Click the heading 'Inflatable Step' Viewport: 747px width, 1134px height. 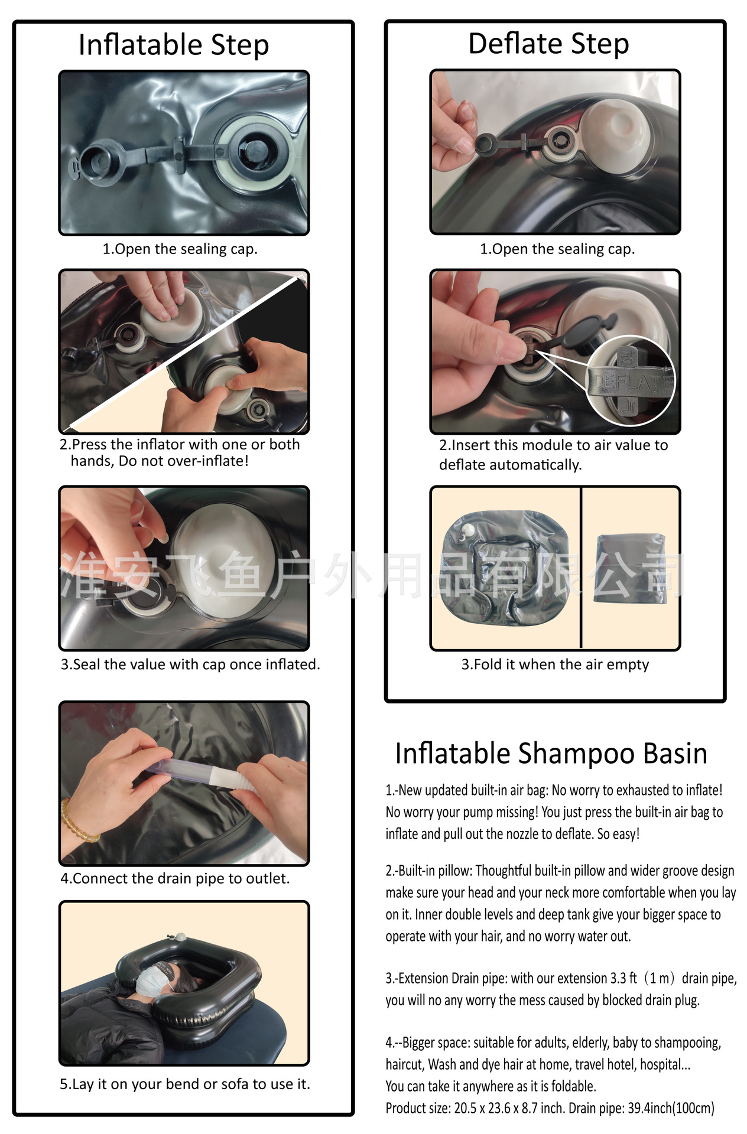click(x=174, y=45)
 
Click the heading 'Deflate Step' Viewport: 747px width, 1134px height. click(x=548, y=44)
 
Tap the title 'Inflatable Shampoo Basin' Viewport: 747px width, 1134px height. click(x=551, y=754)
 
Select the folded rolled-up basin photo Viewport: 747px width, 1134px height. click(x=630, y=568)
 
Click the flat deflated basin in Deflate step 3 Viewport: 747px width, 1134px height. click(x=505, y=568)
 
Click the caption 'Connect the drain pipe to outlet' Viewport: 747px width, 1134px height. click(x=176, y=879)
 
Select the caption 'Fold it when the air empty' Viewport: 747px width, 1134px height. click(x=556, y=664)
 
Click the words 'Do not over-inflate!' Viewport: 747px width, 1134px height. click(x=183, y=461)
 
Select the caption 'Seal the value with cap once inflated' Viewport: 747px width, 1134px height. click(x=190, y=664)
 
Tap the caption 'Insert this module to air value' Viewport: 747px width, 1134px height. click(x=553, y=445)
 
